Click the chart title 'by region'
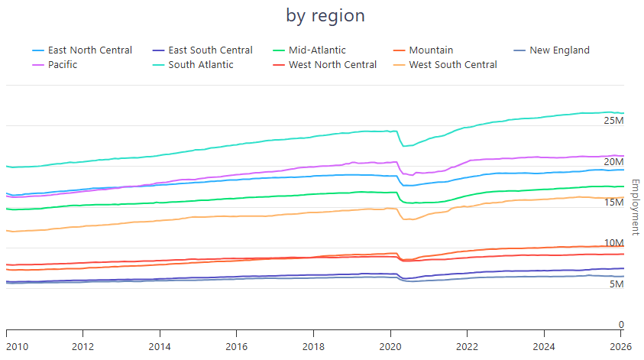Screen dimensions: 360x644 325,15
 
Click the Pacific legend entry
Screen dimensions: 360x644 62,65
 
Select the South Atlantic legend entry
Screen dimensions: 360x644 201,65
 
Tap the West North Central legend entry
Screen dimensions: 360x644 332,65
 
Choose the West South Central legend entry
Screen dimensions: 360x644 453,65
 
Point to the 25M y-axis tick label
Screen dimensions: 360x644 614,121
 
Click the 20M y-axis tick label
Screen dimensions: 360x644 614,162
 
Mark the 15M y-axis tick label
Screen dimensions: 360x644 614,203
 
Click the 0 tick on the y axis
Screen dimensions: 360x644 621,325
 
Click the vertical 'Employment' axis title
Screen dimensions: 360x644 635,207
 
